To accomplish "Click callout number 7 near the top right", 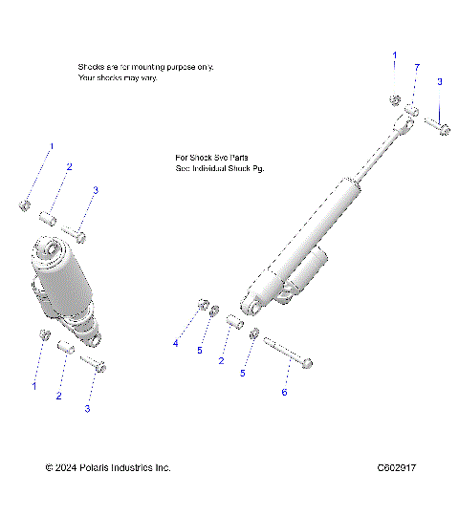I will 417,66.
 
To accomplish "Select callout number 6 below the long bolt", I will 283,391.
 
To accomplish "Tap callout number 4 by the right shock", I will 175,342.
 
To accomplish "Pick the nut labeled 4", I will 203,305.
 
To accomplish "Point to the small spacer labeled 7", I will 409,113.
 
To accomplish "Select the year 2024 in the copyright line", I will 67,467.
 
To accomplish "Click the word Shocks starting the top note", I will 92,67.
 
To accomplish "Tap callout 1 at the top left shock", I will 52,146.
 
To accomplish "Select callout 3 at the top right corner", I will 439,82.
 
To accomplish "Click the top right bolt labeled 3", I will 440,125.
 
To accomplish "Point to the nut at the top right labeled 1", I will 394,100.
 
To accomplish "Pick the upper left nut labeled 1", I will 26,204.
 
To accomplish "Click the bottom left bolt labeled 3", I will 93,363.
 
